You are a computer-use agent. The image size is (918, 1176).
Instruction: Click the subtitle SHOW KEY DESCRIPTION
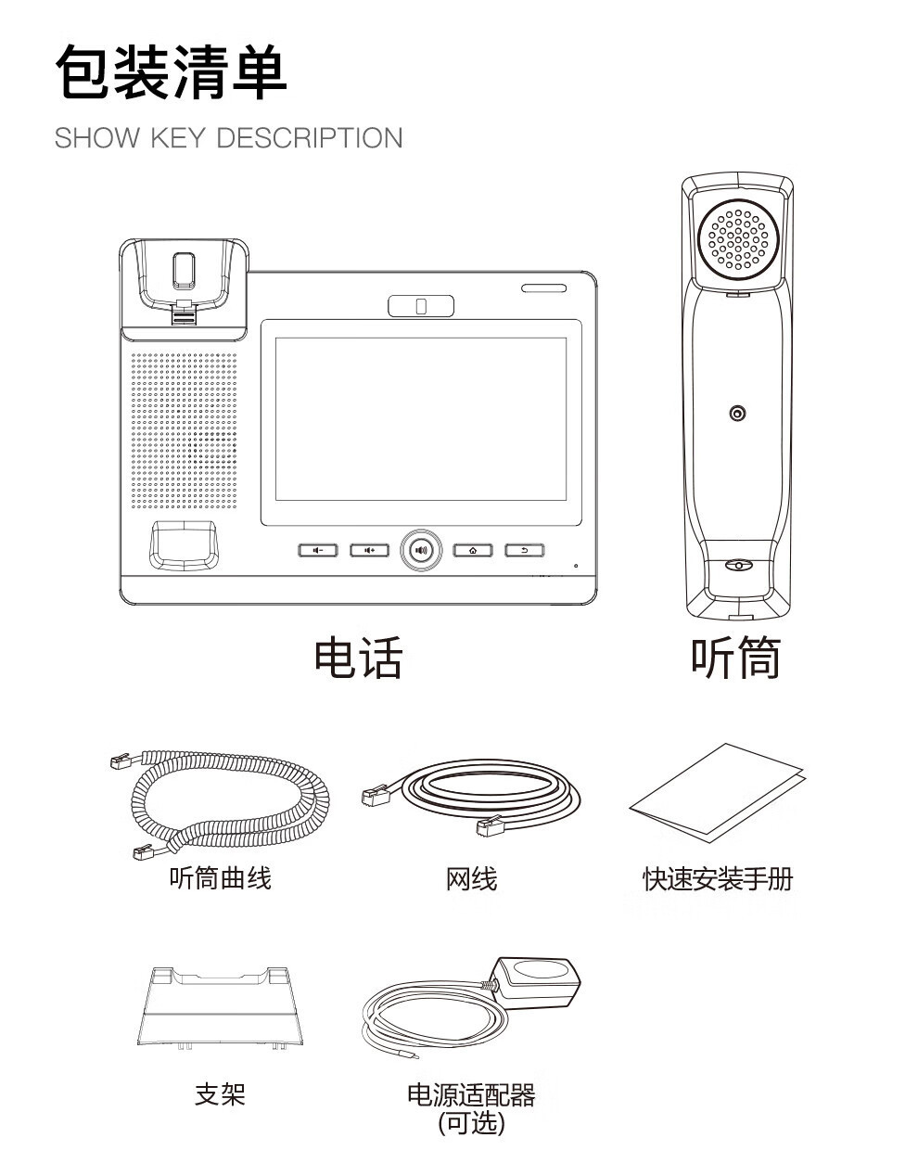(x=228, y=138)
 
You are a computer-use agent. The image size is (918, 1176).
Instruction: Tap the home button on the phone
(x=473, y=550)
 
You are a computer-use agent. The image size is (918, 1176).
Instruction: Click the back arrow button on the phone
(x=525, y=550)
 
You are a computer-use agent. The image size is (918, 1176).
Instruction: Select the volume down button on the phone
(x=318, y=550)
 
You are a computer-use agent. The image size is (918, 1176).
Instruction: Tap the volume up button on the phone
(x=369, y=550)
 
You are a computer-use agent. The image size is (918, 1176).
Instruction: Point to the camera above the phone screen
(x=421, y=306)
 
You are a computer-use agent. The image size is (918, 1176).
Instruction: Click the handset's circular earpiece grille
(x=739, y=237)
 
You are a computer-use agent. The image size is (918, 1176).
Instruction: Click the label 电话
(x=358, y=658)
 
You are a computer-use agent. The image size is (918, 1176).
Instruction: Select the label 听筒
(x=736, y=658)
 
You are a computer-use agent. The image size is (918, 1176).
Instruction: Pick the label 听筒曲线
(x=220, y=877)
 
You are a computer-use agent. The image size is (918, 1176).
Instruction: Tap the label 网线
(x=471, y=878)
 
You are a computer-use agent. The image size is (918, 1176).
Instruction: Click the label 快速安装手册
(x=718, y=878)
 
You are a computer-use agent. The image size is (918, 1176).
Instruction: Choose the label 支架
(x=220, y=1094)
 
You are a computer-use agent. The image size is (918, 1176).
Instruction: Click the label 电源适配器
(x=471, y=1095)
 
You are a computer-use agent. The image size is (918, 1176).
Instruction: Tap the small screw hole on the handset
(x=737, y=414)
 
